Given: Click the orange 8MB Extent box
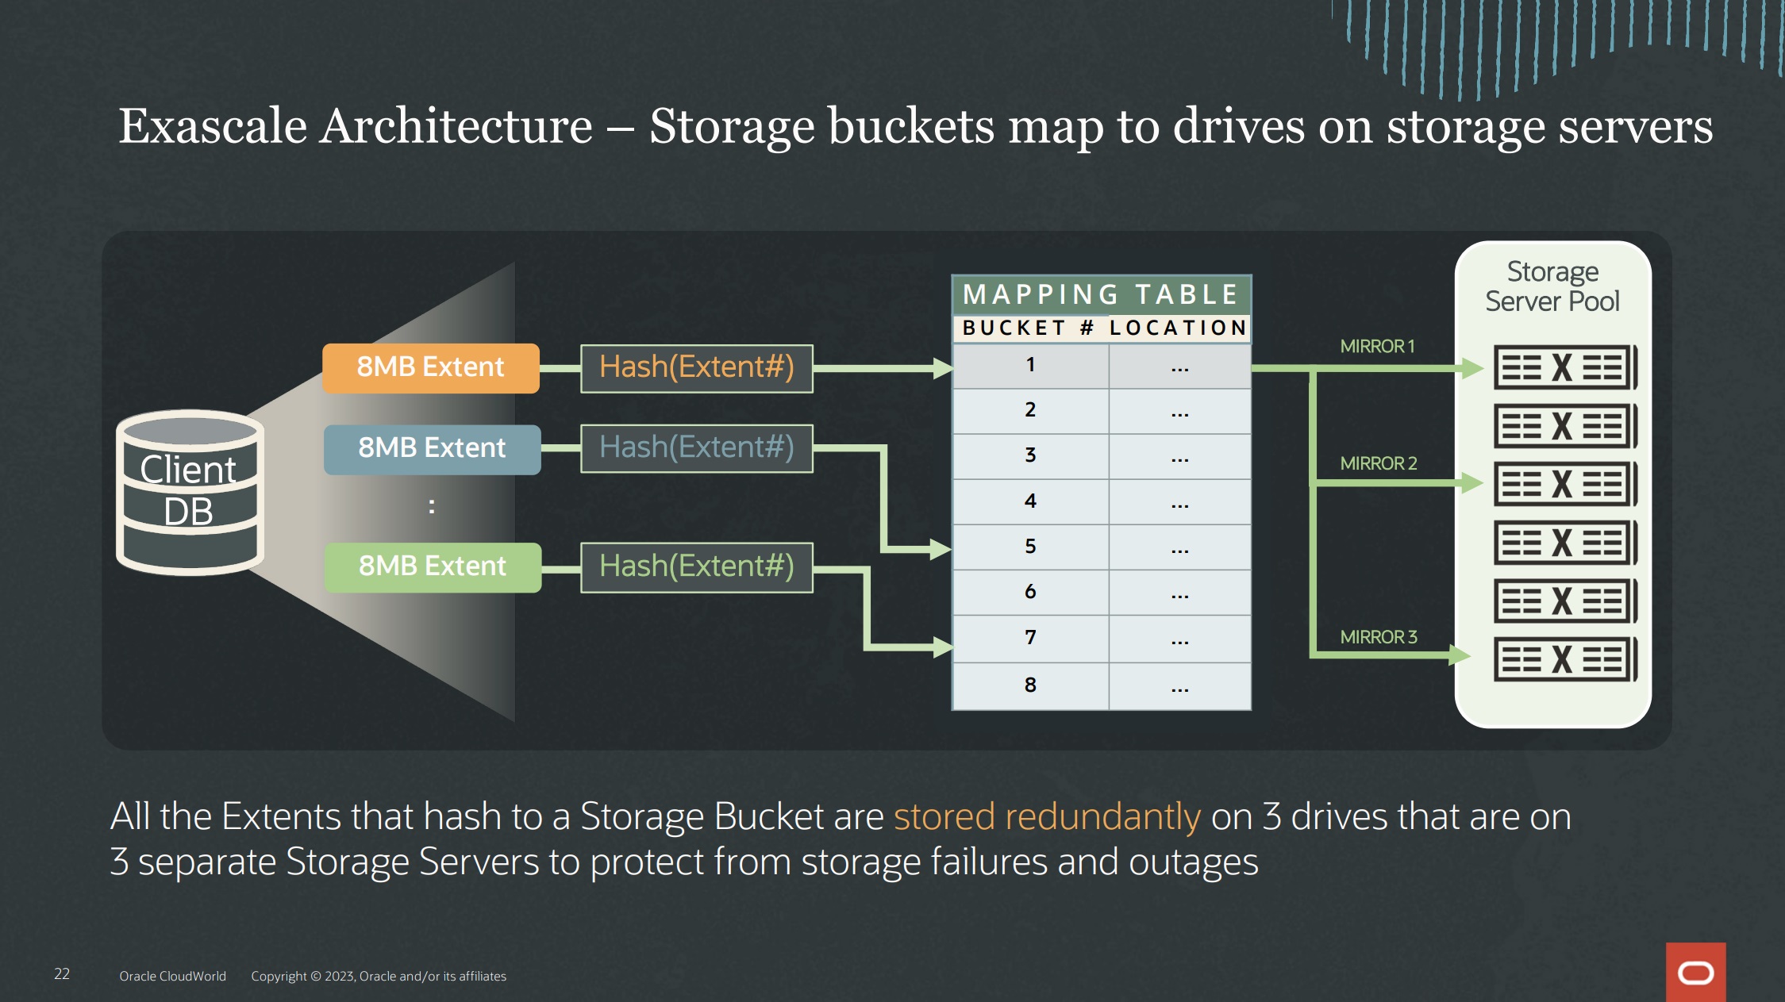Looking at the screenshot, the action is click(x=431, y=367).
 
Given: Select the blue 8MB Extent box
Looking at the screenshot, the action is click(x=433, y=449).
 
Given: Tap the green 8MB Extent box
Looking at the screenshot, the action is click(x=433, y=566).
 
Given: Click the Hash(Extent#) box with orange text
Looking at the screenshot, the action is click(x=697, y=368).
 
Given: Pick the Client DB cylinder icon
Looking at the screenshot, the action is click(x=190, y=492).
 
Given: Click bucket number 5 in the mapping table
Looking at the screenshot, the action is click(x=1030, y=547).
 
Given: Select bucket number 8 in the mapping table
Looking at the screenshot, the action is click(x=1030, y=685).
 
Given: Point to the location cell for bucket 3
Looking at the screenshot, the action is click(x=1180, y=457).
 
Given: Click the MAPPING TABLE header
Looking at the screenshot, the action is click(x=1101, y=295).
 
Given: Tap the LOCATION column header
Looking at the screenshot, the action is click(x=1178, y=328).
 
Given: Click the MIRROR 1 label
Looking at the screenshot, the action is click(x=1377, y=347).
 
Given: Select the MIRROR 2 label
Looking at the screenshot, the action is click(x=1379, y=463).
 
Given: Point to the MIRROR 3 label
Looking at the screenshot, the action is click(x=1379, y=637).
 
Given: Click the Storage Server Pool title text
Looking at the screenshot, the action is click(x=1552, y=286).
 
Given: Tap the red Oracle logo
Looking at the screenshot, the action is click(x=1695, y=972).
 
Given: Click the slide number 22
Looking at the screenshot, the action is click(x=62, y=974).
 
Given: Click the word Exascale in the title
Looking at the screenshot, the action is click(x=213, y=126).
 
